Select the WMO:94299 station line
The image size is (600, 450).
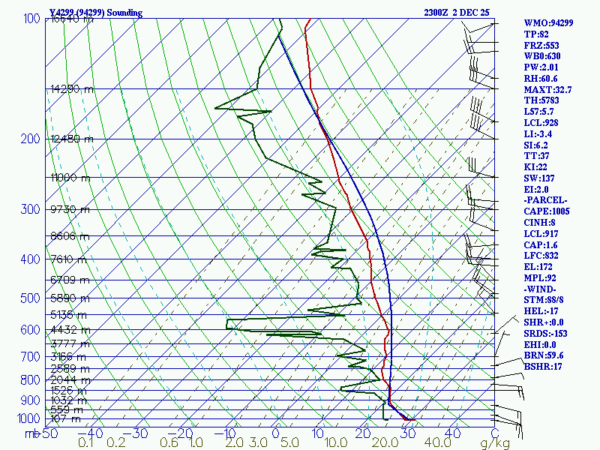click(x=548, y=23)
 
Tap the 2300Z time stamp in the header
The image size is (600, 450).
click(x=439, y=13)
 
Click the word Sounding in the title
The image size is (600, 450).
click(x=132, y=13)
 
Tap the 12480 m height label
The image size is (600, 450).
click(x=71, y=139)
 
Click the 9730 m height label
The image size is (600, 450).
click(x=69, y=209)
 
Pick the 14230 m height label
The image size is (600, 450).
click(x=71, y=88)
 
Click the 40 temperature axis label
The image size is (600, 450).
click(x=452, y=433)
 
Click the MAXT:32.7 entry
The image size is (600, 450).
click(x=547, y=89)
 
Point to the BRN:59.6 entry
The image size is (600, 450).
click(x=544, y=355)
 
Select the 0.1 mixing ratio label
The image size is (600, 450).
click(x=85, y=443)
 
